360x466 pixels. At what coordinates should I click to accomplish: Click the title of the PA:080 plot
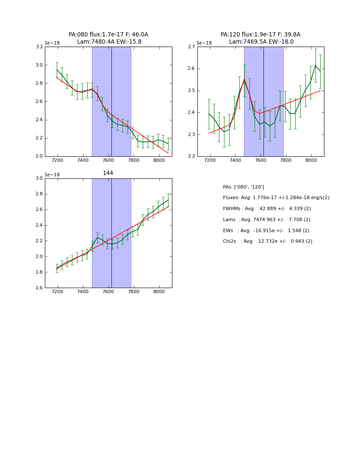[108, 38]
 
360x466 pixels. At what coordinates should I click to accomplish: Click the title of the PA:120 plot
[260, 38]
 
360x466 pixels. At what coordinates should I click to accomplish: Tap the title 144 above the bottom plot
[108, 173]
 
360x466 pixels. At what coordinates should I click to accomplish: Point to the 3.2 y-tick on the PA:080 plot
[39, 47]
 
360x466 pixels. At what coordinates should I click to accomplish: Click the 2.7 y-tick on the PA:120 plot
[191, 47]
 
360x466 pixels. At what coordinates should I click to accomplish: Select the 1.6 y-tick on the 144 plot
[39, 288]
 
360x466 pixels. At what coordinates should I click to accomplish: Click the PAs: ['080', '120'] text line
[244, 187]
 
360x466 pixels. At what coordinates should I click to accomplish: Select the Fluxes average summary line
[276, 198]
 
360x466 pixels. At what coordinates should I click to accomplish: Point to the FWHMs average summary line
[267, 209]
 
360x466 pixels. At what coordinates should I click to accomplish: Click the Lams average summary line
[267, 220]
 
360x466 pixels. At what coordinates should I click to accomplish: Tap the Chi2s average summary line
[268, 241]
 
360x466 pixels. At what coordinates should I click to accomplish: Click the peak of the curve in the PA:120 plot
[244, 79]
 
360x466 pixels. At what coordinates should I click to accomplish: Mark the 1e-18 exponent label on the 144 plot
[52, 175]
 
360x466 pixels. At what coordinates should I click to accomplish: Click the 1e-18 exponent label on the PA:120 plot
[204, 43]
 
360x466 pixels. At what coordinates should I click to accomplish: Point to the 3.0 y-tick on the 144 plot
[39, 178]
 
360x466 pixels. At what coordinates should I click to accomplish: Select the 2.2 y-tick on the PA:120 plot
[191, 156]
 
